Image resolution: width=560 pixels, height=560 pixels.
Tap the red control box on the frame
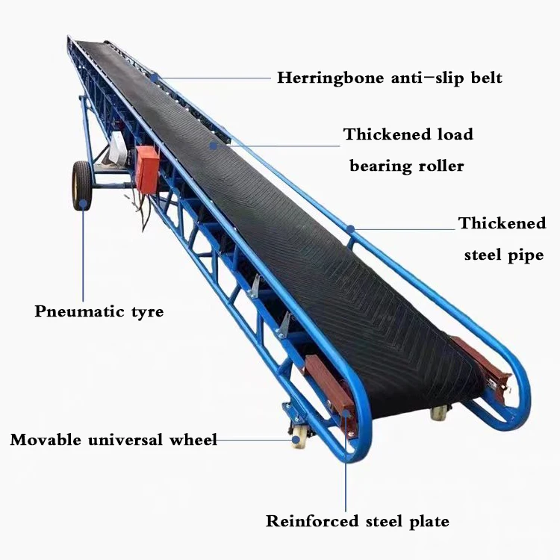(147, 169)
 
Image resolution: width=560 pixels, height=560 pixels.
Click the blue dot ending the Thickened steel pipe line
(350, 227)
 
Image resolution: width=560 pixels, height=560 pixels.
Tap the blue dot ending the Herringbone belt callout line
(155, 77)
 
